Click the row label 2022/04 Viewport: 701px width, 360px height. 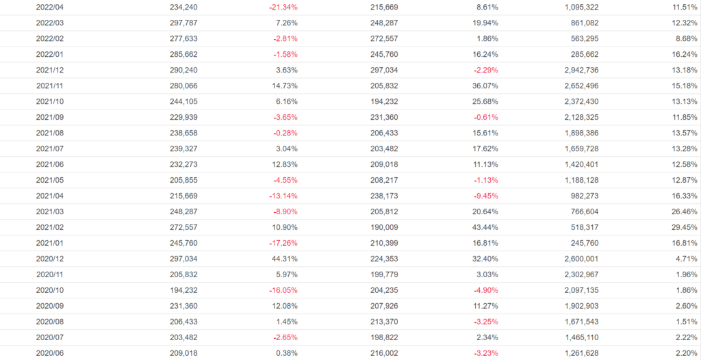(x=50, y=7)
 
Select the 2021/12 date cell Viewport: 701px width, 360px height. (x=50, y=70)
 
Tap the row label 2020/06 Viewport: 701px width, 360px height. (x=50, y=353)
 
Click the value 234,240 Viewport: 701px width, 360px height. (x=183, y=7)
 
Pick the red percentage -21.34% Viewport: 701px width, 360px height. (x=283, y=7)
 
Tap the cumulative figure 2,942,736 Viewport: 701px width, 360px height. (x=579, y=70)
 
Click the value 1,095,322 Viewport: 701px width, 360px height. (x=579, y=7)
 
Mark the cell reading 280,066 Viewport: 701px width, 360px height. (x=183, y=86)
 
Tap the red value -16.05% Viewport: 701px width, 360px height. (x=283, y=290)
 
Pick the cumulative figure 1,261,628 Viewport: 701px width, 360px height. (x=579, y=353)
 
